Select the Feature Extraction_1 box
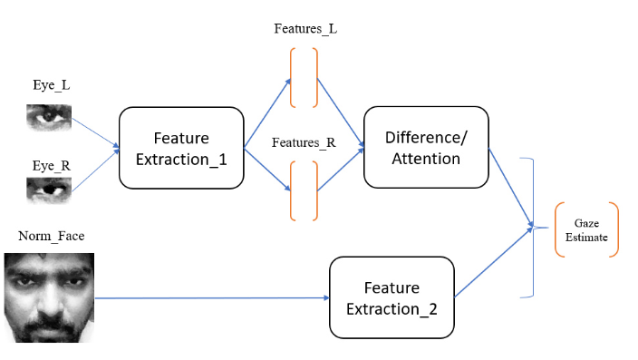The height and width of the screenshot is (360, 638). tap(181, 148)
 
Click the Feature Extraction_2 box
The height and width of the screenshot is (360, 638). tap(391, 297)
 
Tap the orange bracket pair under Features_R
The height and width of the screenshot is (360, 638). tap(304, 190)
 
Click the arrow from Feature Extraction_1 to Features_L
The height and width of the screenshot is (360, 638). tap(267, 113)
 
